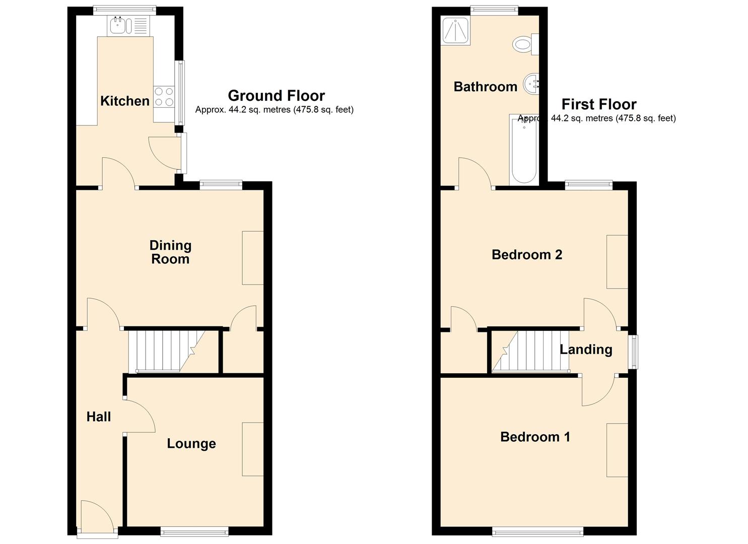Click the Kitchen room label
click(x=125, y=101)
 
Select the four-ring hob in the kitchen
click(x=164, y=97)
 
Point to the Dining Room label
click(x=170, y=252)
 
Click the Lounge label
click(x=191, y=443)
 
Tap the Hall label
click(x=99, y=417)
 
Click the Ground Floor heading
click(x=276, y=96)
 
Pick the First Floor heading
click(x=599, y=104)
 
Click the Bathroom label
click(x=486, y=87)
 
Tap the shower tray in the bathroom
click(x=456, y=31)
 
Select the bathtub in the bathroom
click(x=524, y=150)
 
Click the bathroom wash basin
click(x=531, y=84)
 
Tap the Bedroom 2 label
click(x=527, y=255)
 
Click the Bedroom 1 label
click(x=535, y=437)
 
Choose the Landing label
click(x=586, y=350)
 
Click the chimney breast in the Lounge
click(x=253, y=449)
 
